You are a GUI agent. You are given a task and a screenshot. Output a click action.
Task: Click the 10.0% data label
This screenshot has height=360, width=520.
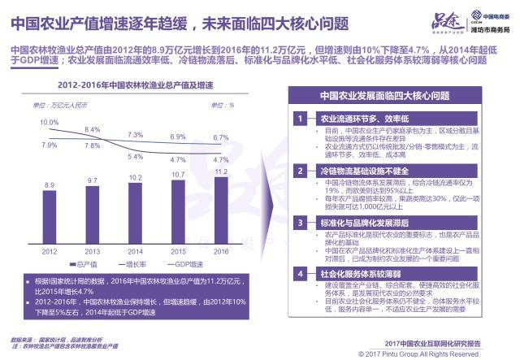tap(50, 122)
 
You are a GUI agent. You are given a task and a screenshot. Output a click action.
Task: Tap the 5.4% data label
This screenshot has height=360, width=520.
tap(135, 156)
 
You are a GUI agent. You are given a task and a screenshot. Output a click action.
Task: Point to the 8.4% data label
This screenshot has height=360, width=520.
tap(92, 130)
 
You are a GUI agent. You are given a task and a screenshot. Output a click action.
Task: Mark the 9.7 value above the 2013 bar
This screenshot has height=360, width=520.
tap(93, 180)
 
